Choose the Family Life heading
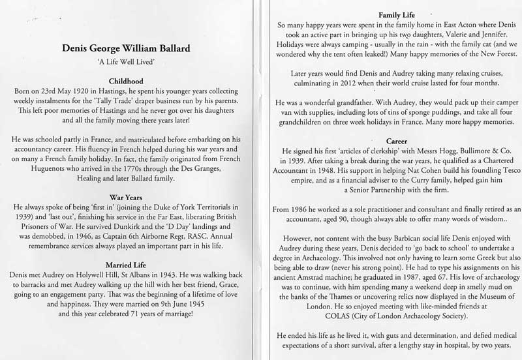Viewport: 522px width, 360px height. coord(389,14)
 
